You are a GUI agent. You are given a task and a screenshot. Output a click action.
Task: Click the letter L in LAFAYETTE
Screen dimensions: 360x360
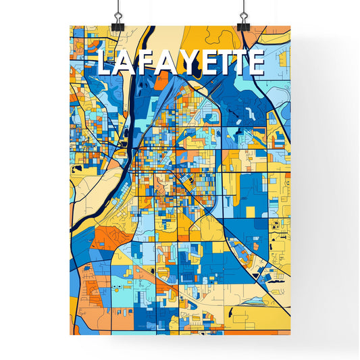coord(105,63)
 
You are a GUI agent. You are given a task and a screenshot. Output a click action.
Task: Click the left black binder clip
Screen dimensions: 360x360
coord(118,24)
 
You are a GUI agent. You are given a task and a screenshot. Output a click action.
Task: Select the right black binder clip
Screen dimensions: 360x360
coord(243,24)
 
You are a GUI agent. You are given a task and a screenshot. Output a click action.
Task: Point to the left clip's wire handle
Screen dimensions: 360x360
coord(118,9)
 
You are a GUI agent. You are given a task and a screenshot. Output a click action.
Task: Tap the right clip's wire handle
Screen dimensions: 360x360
coord(243,9)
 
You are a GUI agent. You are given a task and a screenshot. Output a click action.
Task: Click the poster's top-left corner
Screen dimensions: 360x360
coord(70,26)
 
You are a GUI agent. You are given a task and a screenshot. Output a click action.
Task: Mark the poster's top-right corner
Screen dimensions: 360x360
coord(290,26)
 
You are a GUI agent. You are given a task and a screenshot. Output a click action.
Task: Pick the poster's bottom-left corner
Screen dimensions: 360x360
coord(70,335)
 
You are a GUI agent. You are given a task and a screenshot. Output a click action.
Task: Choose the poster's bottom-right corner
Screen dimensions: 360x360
coord(290,335)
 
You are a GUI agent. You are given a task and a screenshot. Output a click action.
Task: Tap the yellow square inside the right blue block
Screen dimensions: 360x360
coord(251,212)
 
